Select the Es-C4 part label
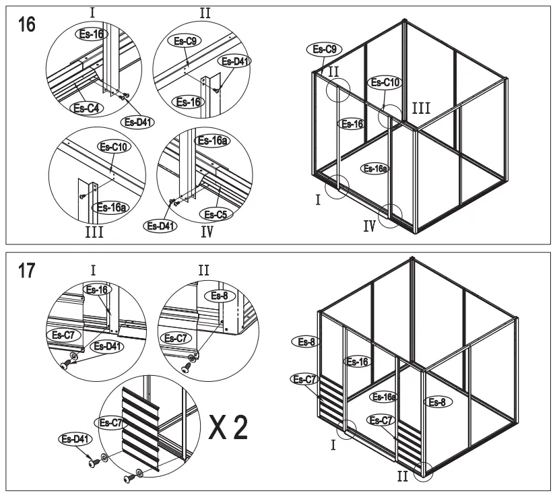[86, 107]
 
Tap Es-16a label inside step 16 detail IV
[211, 141]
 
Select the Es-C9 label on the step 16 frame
[325, 48]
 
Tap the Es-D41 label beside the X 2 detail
[75, 439]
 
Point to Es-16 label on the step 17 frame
[357, 362]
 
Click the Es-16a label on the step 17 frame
[384, 397]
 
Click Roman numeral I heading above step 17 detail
[93, 270]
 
